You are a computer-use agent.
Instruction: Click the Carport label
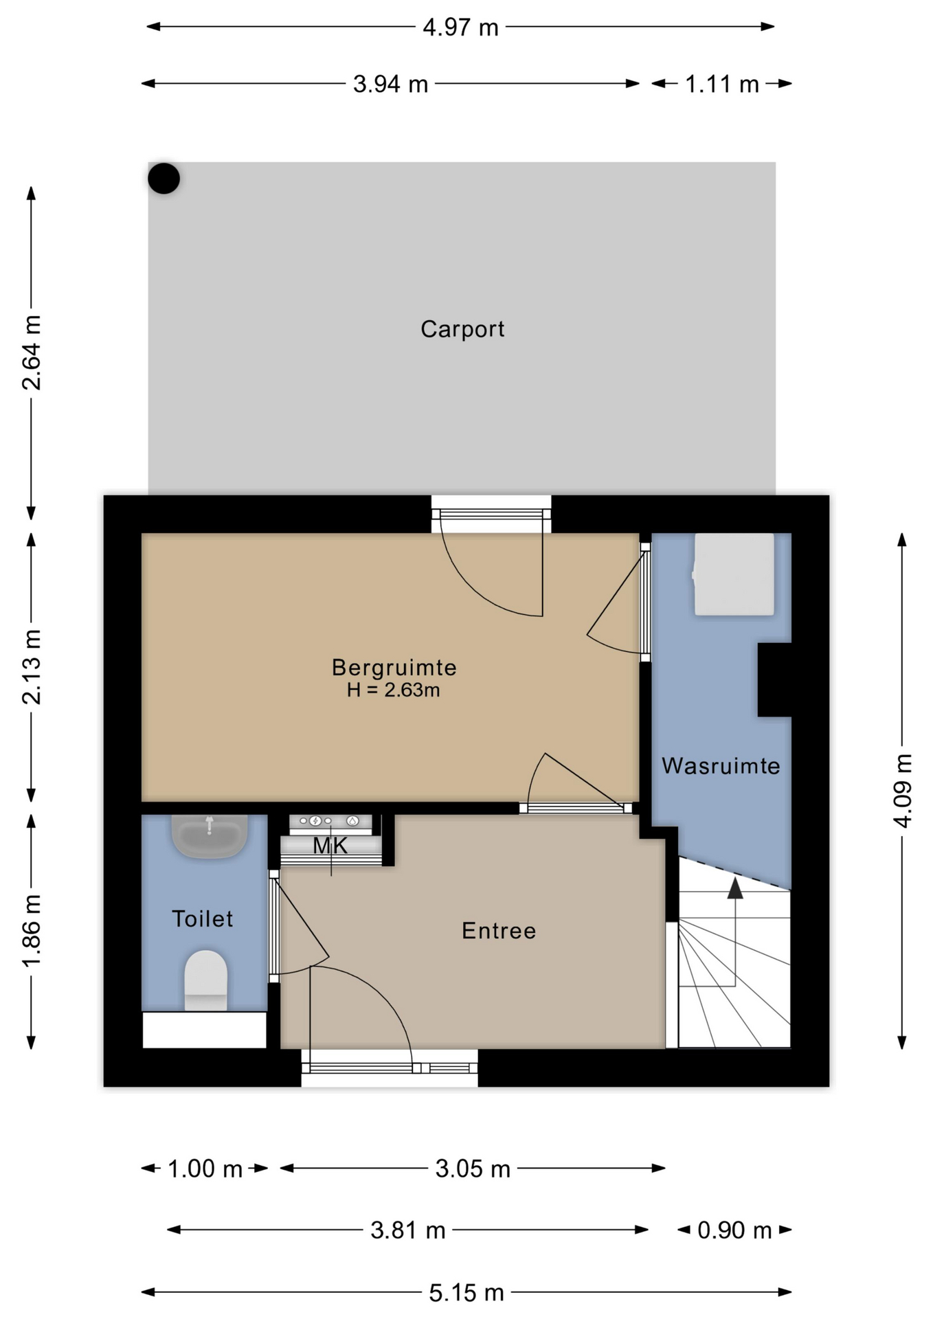[x=462, y=330]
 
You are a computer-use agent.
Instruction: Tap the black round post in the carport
[x=164, y=179]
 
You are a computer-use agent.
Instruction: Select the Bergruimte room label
[x=394, y=667]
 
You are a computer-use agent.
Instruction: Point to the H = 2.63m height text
[x=393, y=690]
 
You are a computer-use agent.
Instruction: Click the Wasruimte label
[x=721, y=766]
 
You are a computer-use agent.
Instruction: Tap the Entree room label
[x=499, y=931]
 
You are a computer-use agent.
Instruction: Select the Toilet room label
[x=202, y=919]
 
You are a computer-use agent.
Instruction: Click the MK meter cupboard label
[x=330, y=846]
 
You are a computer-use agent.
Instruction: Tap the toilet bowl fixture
[x=205, y=980]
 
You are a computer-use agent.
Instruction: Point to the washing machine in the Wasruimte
[x=734, y=574]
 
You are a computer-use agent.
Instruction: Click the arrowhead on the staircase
[x=735, y=888]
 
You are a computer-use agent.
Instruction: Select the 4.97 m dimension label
[x=460, y=27]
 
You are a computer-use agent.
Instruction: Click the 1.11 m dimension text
[x=722, y=84]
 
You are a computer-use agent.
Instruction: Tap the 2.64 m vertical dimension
[x=32, y=352]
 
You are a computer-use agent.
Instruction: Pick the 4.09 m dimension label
[x=903, y=791]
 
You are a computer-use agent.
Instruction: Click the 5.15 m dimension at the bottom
[x=466, y=1294]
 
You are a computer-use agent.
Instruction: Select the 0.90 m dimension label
[x=734, y=1230]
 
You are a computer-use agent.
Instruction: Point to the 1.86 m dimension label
[x=32, y=931]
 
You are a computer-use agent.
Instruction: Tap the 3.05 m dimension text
[x=473, y=1169]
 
